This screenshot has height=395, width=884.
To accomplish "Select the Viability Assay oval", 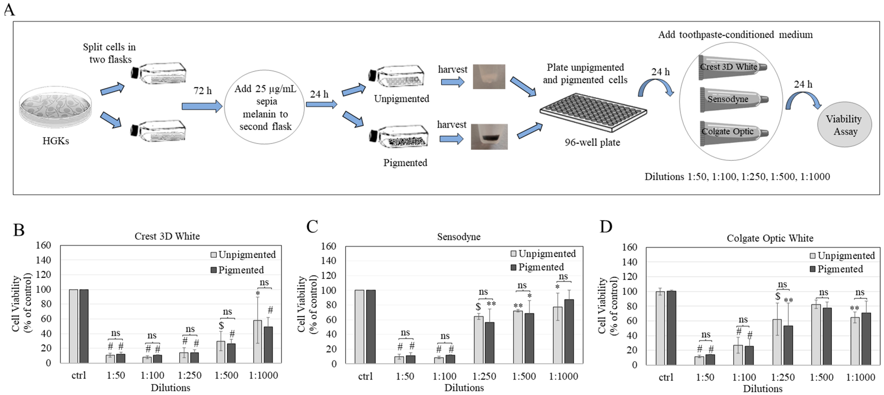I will (x=844, y=125).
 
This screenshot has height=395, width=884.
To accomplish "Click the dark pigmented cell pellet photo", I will (x=489, y=137).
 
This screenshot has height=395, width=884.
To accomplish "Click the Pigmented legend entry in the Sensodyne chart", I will (x=537, y=267).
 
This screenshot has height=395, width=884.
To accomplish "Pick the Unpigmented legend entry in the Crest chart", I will (x=243, y=255).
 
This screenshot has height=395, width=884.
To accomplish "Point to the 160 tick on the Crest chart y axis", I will (x=44, y=245).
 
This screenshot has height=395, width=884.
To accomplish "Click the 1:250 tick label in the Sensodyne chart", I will (x=484, y=376).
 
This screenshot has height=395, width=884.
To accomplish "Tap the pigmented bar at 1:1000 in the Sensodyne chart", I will (x=569, y=331).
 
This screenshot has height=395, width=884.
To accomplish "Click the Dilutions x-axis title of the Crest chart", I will (x=171, y=388).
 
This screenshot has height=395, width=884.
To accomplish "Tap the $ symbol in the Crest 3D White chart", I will (x=221, y=325).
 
